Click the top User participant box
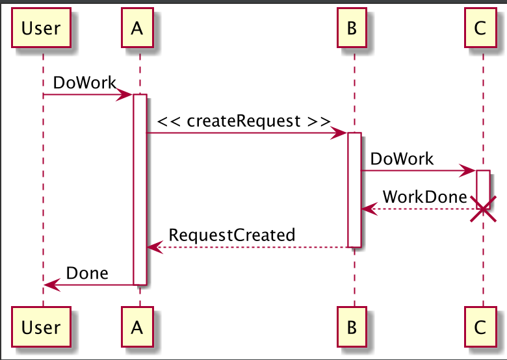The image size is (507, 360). click(x=41, y=27)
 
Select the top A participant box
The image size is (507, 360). click(x=136, y=27)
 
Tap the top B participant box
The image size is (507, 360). click(x=352, y=27)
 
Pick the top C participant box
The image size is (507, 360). click(x=480, y=27)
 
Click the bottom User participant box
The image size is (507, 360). click(x=41, y=328)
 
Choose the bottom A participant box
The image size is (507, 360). click(x=136, y=328)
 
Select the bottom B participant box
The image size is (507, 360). click(x=352, y=328)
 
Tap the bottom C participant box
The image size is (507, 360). click(x=480, y=328)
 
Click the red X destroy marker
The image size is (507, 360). click(x=483, y=209)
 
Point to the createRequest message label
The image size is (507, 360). click(x=244, y=121)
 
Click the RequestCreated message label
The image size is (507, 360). click(x=232, y=235)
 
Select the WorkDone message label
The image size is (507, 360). click(x=424, y=197)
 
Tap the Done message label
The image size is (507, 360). click(x=87, y=273)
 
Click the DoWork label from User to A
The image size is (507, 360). click(x=84, y=83)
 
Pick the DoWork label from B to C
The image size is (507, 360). click(x=402, y=159)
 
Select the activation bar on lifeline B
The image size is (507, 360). click(x=354, y=188)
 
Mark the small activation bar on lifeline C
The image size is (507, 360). click(x=483, y=185)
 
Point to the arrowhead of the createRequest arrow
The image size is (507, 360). click(x=340, y=133)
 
